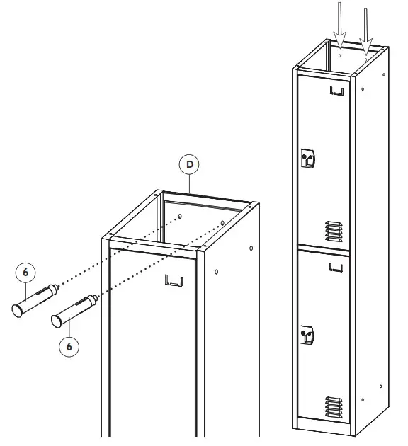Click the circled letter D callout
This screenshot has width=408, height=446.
[189, 164]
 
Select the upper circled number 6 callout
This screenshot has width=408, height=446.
[25, 272]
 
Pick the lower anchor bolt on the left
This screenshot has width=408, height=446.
[71, 311]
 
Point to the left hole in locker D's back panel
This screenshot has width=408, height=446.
[181, 216]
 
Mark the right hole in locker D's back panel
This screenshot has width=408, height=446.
[222, 223]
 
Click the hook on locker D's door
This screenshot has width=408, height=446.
[174, 281]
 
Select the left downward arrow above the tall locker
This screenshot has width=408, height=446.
[339, 21]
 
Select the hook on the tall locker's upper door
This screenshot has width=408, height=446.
[338, 91]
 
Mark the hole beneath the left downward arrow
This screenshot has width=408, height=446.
[340, 54]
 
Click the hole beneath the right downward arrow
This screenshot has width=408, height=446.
[365, 61]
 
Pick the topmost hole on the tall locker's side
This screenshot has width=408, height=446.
[363, 89]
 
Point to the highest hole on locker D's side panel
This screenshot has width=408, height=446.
[251, 248]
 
